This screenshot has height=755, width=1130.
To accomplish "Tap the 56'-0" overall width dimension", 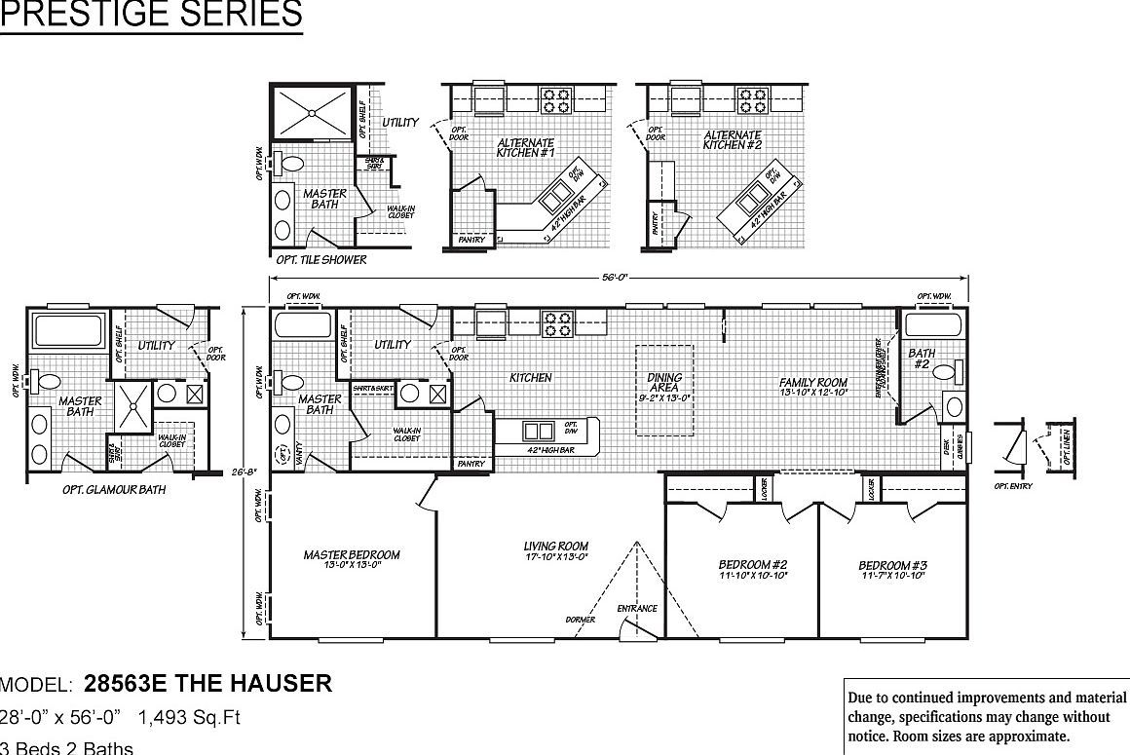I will click(x=614, y=277).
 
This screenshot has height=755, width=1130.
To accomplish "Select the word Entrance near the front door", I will click(x=637, y=609).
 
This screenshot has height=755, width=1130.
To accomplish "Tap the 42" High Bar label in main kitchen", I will click(x=546, y=450).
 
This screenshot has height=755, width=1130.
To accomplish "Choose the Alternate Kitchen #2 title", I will click(x=733, y=140).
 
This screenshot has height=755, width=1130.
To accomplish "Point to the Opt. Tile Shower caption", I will click(x=321, y=260).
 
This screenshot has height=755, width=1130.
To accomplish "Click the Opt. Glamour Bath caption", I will click(x=113, y=489).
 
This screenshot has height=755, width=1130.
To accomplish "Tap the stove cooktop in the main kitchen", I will click(x=556, y=323).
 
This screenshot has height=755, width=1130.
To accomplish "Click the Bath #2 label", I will click(x=922, y=359).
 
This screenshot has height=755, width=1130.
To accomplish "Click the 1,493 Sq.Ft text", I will click(x=189, y=718).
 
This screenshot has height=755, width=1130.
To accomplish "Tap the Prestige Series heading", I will click(x=151, y=16).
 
